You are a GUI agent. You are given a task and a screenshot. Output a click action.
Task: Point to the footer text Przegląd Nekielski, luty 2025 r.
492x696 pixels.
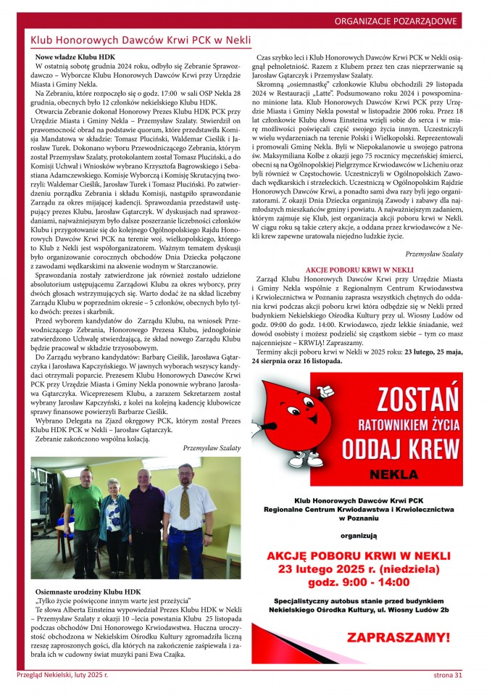[x=62, y=676]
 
